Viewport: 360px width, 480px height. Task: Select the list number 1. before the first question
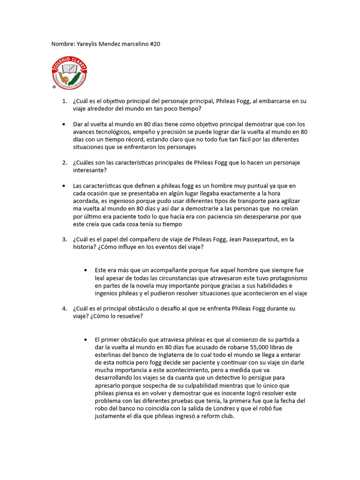[64, 101]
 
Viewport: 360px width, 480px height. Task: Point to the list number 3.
[64, 240]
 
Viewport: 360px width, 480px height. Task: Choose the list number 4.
[64, 309]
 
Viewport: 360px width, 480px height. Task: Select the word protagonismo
[285, 278]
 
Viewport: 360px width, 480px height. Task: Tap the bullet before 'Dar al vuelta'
[64, 125]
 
